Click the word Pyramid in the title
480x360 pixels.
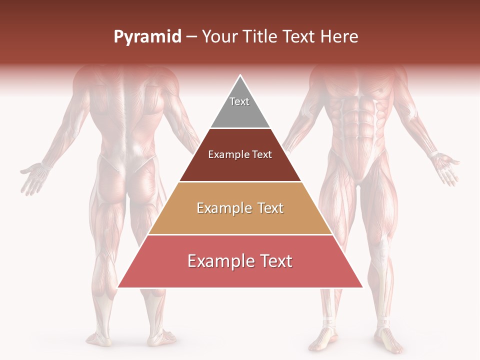pos(147,37)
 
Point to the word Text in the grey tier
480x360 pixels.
pos(239,101)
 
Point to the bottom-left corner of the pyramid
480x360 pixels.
pos(118,287)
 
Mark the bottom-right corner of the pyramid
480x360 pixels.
pos(362,287)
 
